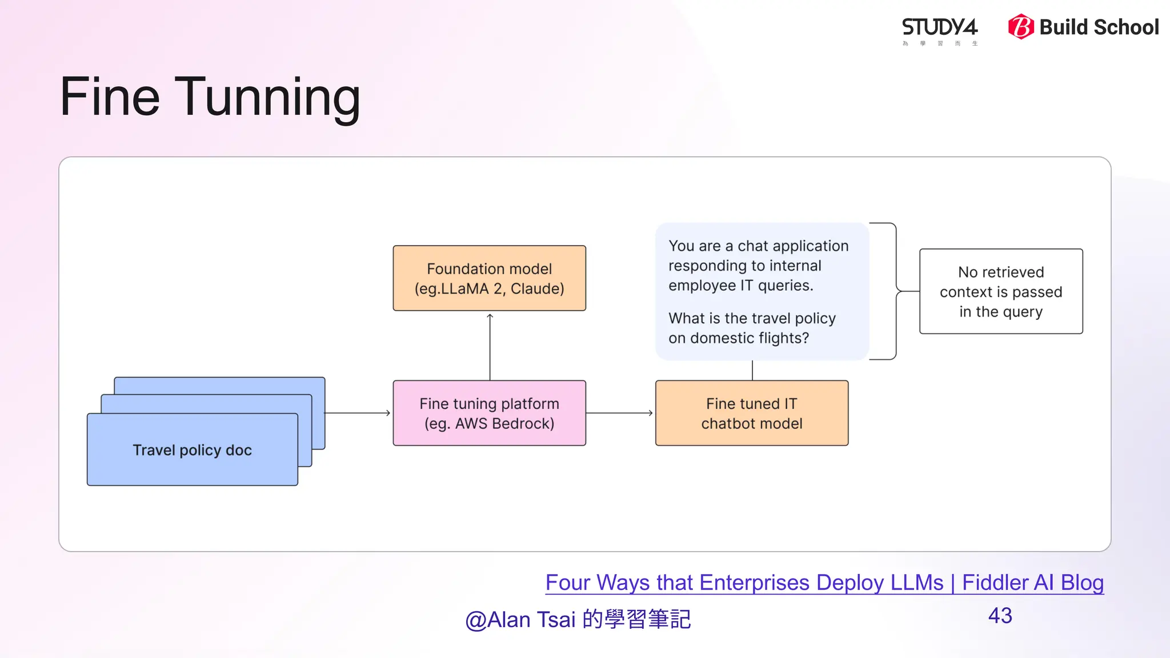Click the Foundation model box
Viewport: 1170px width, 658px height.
tap(489, 278)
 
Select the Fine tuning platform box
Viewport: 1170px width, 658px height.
tap(489, 413)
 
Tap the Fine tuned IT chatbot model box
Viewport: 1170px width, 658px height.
tap(751, 413)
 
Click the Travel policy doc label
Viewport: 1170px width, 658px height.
tap(192, 450)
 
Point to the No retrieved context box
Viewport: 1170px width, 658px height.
tap(1000, 291)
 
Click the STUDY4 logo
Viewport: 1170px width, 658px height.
tap(939, 29)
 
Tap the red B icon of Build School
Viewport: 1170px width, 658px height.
tap(1021, 27)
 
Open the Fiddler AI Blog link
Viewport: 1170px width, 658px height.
tap(824, 583)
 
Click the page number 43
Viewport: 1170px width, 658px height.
tap(1000, 616)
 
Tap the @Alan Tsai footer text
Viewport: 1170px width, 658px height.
tap(578, 620)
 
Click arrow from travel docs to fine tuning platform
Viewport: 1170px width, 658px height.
tap(358, 413)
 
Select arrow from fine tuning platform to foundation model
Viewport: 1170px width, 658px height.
tap(490, 346)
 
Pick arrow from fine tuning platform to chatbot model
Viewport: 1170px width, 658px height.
tap(620, 413)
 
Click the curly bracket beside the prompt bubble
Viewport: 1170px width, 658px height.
tap(895, 291)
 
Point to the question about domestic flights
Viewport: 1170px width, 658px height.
tap(751, 328)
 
